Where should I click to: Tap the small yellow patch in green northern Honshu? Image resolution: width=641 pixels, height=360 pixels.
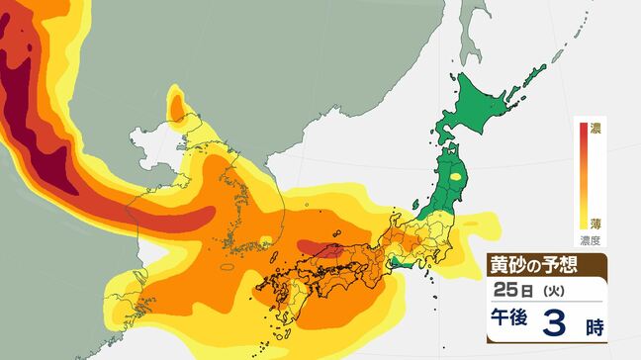pos(456,178)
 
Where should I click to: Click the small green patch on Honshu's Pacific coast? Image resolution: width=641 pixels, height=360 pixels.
pos(400,262)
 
